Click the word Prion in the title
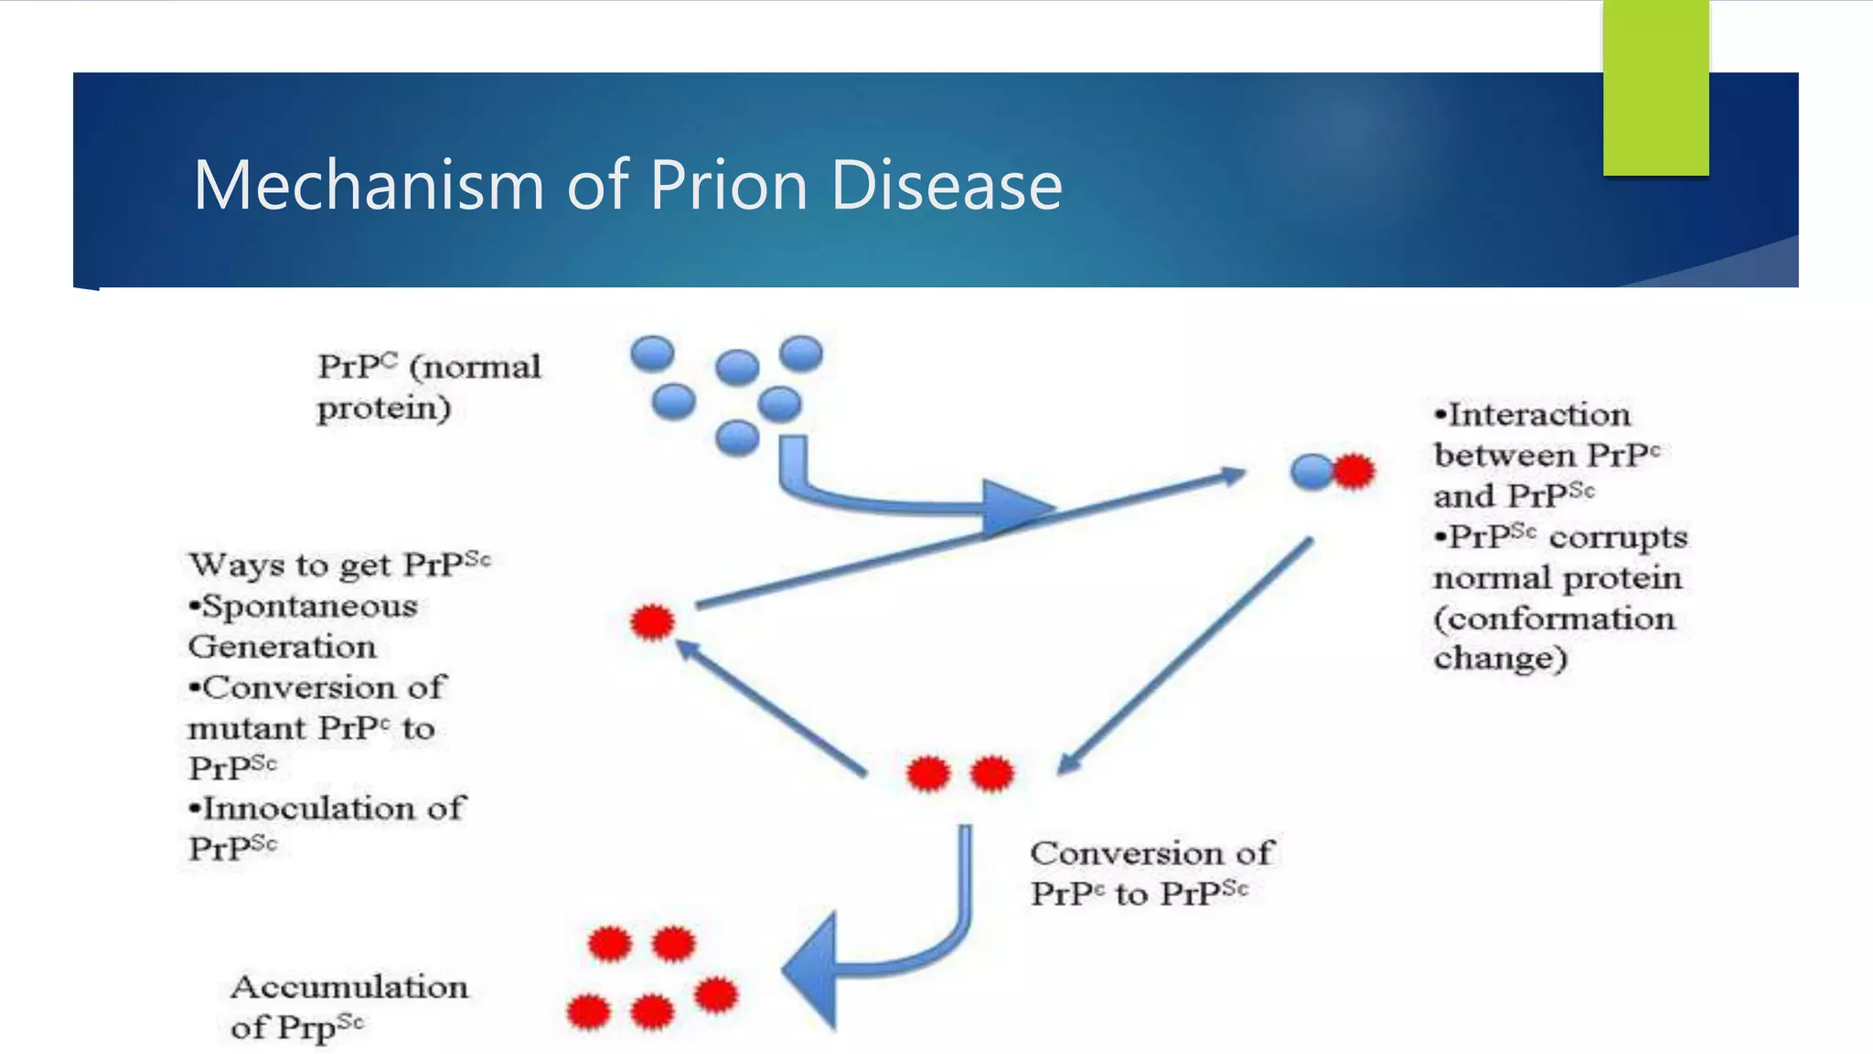(729, 185)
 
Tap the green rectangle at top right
(1655, 88)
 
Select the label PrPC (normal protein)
(428, 387)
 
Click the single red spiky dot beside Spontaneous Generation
(652, 622)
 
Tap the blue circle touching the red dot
(1311, 472)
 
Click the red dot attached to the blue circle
(1354, 471)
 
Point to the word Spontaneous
(309, 607)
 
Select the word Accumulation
(349, 987)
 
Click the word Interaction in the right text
(1538, 415)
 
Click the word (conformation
(1554, 619)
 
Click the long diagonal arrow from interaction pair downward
(1189, 653)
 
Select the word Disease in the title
(947, 185)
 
